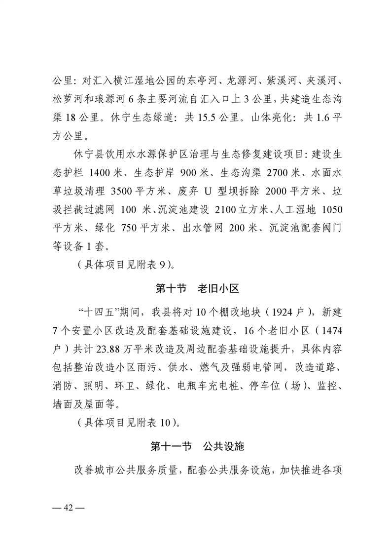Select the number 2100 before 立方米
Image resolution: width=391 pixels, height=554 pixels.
(226, 210)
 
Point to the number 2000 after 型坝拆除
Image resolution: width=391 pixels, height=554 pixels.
(278, 191)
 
